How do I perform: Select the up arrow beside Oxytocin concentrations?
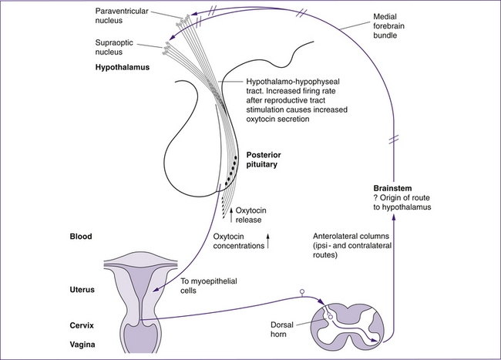pyautogui.click(x=269, y=242)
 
